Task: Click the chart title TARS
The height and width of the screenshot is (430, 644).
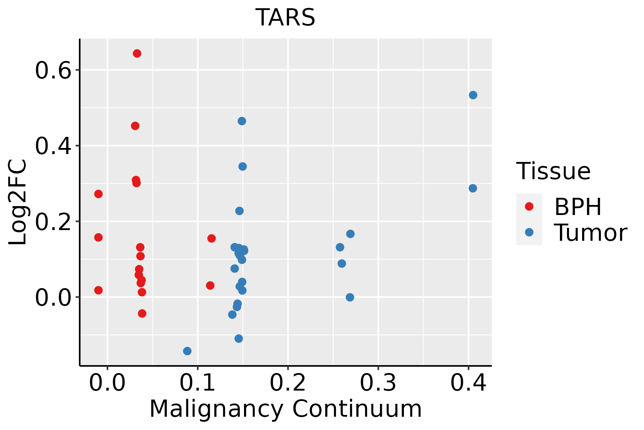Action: click(x=285, y=18)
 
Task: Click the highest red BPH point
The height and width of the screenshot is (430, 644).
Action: click(x=137, y=53)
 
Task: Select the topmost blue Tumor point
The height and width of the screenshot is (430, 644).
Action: click(x=473, y=95)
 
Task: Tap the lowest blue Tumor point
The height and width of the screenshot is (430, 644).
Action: click(x=187, y=351)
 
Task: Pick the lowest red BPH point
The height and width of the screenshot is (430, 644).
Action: click(x=142, y=314)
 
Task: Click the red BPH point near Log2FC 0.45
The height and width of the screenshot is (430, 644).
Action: click(x=135, y=126)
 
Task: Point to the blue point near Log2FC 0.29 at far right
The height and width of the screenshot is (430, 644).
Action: click(x=473, y=188)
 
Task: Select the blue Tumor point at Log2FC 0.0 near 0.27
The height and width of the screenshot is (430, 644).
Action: click(x=350, y=297)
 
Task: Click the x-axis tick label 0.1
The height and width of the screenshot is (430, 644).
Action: click(x=197, y=383)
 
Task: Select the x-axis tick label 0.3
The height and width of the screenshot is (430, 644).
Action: click(x=378, y=383)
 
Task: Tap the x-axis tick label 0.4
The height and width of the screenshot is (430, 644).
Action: click(x=468, y=383)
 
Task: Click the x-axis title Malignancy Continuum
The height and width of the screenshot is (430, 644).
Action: click(x=285, y=409)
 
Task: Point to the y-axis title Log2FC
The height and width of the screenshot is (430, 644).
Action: click(x=18, y=202)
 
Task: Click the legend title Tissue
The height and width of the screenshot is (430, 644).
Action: click(x=553, y=171)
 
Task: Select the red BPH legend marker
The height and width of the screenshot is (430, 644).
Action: click(x=529, y=206)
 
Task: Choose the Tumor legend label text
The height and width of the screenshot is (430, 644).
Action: click(x=590, y=233)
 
